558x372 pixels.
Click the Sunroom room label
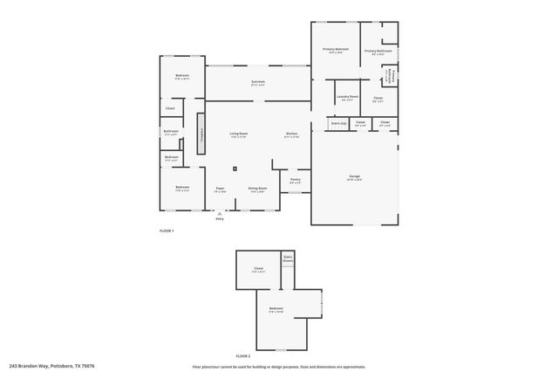[x=258, y=82]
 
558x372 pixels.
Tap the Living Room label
[x=238, y=134]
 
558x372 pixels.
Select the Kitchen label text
[x=292, y=134]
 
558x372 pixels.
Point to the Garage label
[x=355, y=177]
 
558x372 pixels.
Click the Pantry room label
[x=296, y=180]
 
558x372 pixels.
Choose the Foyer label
[x=221, y=188]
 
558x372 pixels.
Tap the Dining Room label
[x=257, y=188]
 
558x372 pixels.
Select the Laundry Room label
[x=348, y=97]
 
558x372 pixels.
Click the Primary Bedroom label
[x=336, y=50]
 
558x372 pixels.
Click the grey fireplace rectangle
[x=201, y=134]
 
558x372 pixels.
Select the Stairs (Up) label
[x=339, y=123]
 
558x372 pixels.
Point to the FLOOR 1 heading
[x=167, y=230]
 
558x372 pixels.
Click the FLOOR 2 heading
[x=243, y=356]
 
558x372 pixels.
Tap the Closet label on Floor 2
[x=258, y=268]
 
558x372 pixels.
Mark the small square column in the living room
[x=234, y=169]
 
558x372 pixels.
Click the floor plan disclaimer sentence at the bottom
[x=278, y=366]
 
